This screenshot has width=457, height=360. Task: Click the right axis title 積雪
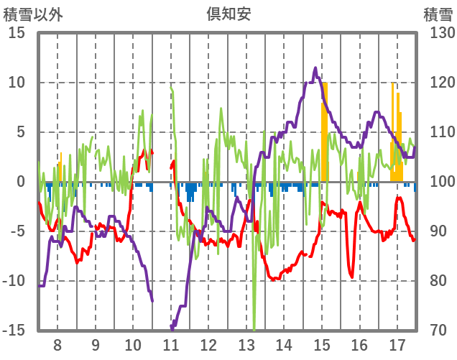tap(437, 14)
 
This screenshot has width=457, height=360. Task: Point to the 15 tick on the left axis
tap(17, 33)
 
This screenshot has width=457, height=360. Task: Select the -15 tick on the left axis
tap(14, 331)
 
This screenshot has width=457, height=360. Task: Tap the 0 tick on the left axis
tap(21, 182)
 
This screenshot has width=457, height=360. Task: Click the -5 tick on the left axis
tap(17, 231)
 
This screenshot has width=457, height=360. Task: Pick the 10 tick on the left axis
tap(17, 83)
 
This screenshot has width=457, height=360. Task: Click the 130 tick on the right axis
tap(438, 33)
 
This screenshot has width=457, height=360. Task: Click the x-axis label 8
tap(57, 344)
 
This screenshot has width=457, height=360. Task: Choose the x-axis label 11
tap(171, 344)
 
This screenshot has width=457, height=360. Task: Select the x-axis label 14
tap(284, 344)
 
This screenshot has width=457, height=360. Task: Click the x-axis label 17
tap(397, 344)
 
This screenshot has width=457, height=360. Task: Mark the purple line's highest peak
tap(315, 68)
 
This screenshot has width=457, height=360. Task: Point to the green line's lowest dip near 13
tap(254, 328)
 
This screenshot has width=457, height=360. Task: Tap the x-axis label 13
tap(246, 344)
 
